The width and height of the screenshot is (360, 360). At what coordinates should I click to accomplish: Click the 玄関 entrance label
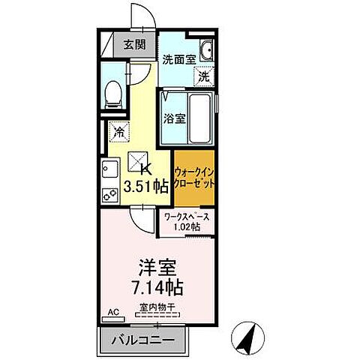136,43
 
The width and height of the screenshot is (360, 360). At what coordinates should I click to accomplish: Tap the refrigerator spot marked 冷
118,131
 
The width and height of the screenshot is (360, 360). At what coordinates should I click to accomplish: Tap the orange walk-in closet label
195,178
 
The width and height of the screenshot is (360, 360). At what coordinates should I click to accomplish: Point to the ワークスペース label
187,217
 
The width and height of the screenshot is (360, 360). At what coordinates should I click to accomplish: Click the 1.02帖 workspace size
187,228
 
